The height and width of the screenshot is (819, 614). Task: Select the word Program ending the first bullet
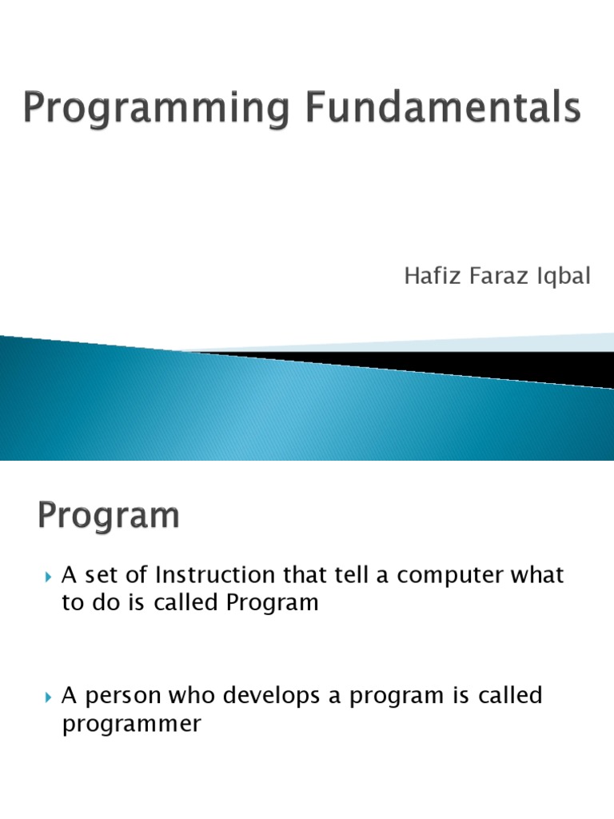coord(273,604)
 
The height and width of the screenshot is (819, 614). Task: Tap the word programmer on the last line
coord(131,725)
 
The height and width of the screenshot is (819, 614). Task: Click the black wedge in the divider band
coord(480,364)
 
